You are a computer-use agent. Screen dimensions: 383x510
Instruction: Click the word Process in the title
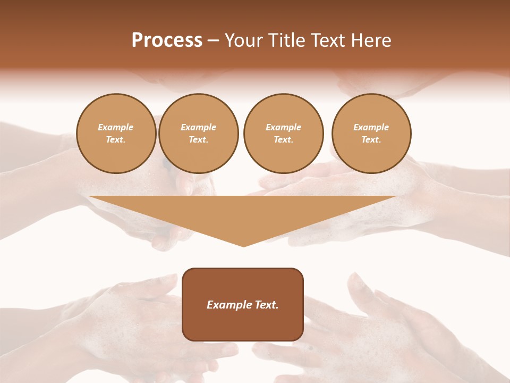[x=167, y=40]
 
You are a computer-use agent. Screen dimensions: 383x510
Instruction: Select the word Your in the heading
[x=244, y=40]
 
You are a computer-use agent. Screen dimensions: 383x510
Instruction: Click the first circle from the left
[x=116, y=134]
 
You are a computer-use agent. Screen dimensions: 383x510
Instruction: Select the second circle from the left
[x=199, y=134]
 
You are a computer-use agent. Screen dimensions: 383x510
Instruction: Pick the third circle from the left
[x=283, y=134]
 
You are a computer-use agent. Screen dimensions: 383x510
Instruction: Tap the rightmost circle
[x=371, y=134]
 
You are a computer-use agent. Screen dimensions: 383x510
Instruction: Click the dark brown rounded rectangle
[x=243, y=319]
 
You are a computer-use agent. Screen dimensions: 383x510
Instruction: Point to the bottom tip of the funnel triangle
[x=243, y=246]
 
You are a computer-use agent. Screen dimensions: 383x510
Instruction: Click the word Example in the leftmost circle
[x=116, y=127]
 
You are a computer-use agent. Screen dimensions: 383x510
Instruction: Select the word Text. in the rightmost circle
[x=371, y=140]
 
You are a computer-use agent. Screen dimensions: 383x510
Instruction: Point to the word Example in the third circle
[x=283, y=127]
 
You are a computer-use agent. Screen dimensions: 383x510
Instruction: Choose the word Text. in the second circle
[x=199, y=140]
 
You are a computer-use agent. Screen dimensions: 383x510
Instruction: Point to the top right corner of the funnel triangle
[x=396, y=197]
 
